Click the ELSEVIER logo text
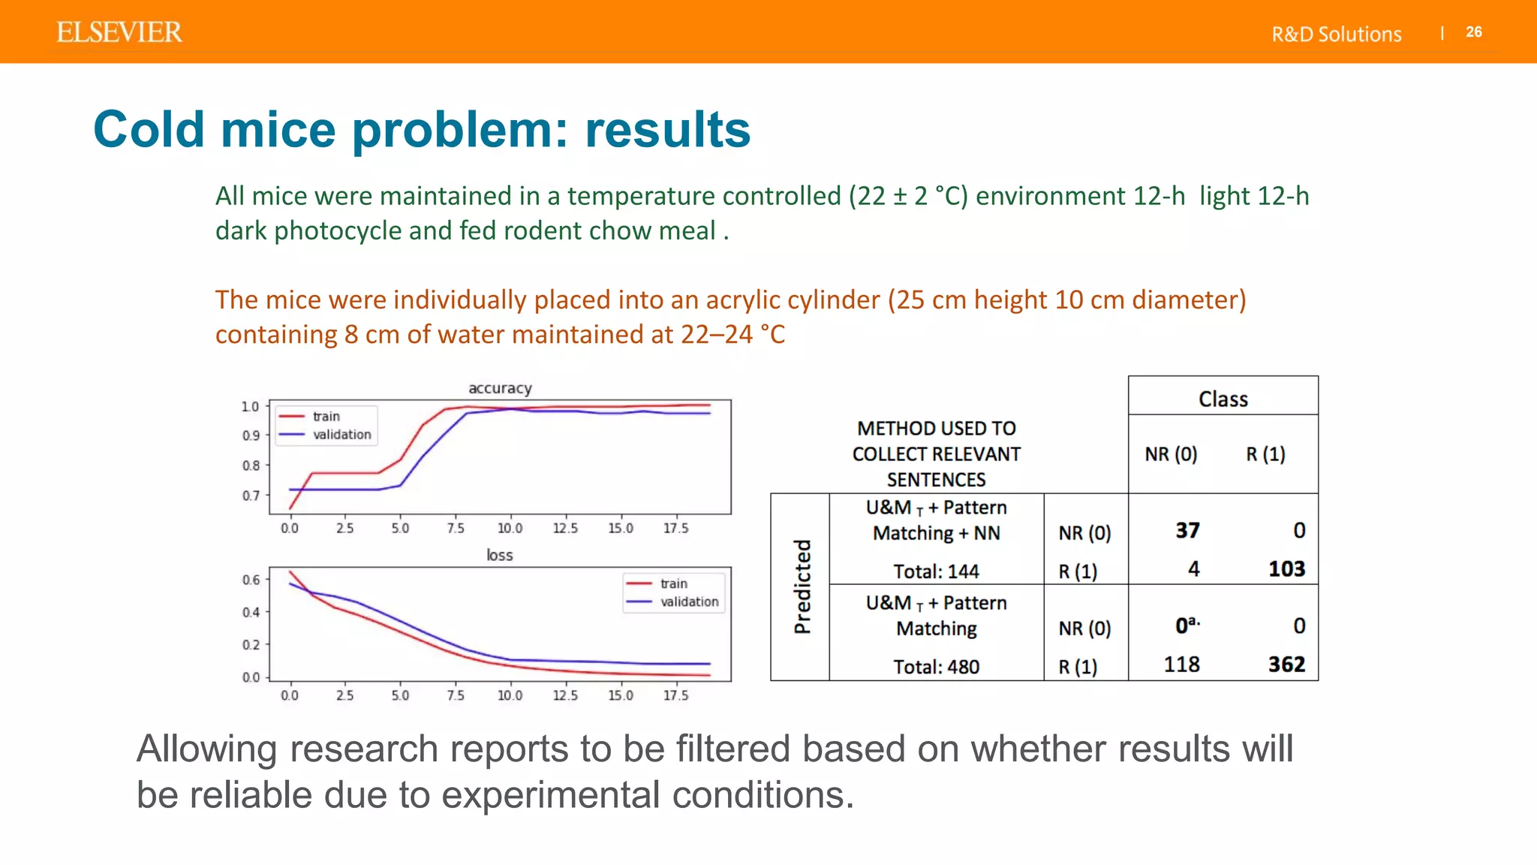click(x=119, y=32)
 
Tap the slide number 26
click(x=1473, y=32)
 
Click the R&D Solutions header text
click(x=1336, y=35)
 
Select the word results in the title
click(x=667, y=130)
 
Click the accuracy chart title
click(x=500, y=388)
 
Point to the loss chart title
click(x=499, y=555)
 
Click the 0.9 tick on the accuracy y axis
click(x=251, y=436)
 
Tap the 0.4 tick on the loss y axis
click(x=251, y=612)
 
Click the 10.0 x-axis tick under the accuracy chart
click(x=510, y=528)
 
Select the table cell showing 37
click(x=1187, y=531)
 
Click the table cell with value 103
click(x=1286, y=569)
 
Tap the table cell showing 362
click(x=1286, y=665)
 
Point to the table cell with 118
click(x=1181, y=665)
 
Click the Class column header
click(x=1223, y=399)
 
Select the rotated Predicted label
click(x=802, y=586)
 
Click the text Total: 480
click(x=936, y=667)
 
